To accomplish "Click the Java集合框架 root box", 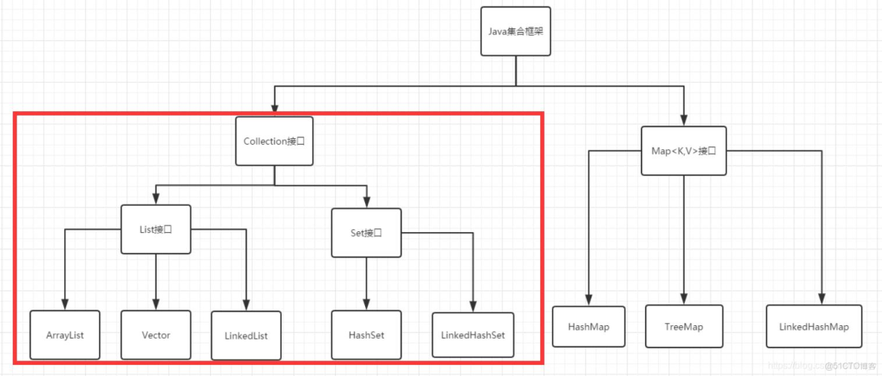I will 515,32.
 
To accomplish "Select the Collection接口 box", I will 274,141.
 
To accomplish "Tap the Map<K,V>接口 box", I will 684,151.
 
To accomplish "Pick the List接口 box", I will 156,230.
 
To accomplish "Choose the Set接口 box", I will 367,232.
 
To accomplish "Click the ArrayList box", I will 64,335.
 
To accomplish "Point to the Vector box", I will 156,335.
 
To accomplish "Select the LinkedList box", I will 246,336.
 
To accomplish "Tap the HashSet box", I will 367,335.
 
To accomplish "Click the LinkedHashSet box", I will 472,335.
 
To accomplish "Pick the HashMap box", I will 589,327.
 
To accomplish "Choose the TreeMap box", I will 684,327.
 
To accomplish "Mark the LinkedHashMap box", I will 813,327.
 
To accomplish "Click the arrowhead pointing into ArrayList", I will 65,304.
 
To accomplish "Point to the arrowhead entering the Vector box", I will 156,304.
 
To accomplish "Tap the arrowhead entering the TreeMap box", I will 684,298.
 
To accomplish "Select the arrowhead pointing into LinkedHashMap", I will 822,298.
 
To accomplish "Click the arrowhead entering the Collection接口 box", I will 274,112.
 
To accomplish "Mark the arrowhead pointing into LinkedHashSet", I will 472,307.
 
